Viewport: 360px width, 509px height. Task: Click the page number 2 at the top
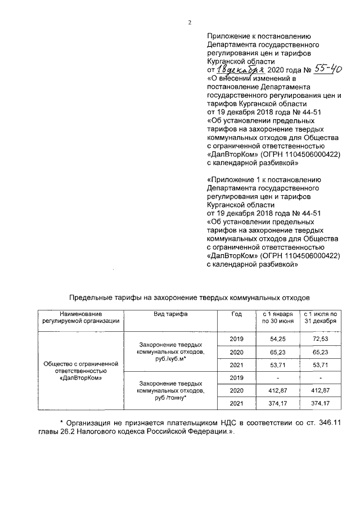pyautogui.click(x=190, y=23)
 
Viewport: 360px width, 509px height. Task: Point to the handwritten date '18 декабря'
pyautogui.click(x=238, y=70)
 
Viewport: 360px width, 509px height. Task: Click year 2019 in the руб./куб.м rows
pyautogui.click(x=237, y=340)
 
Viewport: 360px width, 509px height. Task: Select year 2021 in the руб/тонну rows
pyautogui.click(x=237, y=403)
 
